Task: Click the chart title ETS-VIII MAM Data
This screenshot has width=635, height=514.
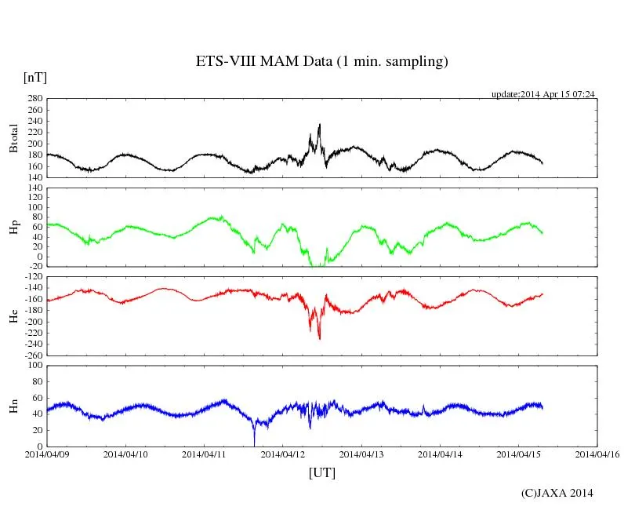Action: tap(321, 62)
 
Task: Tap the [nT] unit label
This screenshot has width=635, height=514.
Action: tap(34, 78)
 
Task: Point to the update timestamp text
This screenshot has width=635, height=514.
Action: tap(543, 94)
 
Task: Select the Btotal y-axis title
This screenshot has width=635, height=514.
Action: tap(13, 137)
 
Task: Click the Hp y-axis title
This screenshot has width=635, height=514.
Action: tap(13, 227)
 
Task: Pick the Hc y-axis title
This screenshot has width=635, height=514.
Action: tap(13, 315)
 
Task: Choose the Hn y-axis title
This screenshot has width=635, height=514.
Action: tap(13, 406)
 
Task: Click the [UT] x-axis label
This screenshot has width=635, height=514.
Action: tap(321, 472)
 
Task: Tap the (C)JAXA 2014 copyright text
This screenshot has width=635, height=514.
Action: tap(557, 493)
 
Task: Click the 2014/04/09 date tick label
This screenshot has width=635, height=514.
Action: tap(46, 454)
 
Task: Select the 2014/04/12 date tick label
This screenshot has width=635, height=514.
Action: tap(283, 454)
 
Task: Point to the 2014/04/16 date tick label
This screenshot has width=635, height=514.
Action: tap(598, 454)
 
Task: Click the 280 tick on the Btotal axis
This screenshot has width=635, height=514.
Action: tap(34, 99)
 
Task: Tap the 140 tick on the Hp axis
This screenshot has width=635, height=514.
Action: tap(34, 188)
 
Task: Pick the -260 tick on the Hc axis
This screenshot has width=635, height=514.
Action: tap(32, 355)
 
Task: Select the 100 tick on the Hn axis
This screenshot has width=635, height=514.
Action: tap(34, 366)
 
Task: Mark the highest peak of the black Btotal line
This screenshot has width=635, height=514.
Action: tap(319, 124)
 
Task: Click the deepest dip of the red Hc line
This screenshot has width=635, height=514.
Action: tap(319, 338)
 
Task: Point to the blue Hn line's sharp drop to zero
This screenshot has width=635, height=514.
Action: tap(254, 444)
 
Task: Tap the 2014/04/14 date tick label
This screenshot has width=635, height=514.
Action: tap(441, 454)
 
